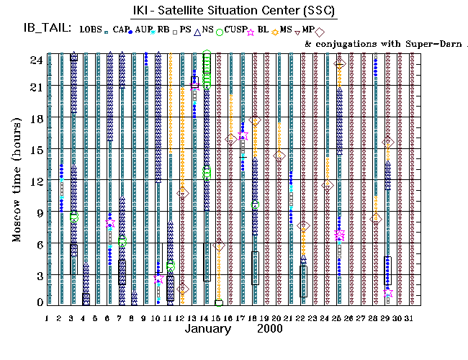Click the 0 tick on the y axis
(x=37, y=303)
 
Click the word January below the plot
(x=207, y=328)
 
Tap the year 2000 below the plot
(x=269, y=328)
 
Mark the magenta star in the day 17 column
(x=243, y=135)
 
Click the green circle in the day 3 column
(x=74, y=217)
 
